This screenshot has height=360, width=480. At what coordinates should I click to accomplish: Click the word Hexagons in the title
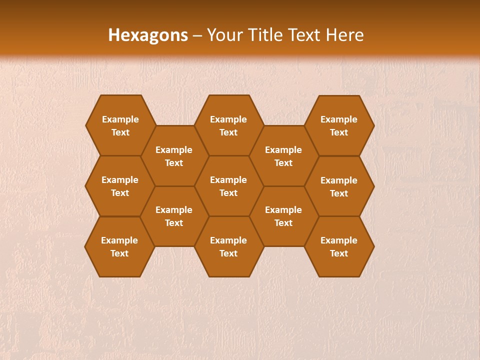(148, 35)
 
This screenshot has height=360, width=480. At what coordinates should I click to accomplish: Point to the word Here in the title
(344, 35)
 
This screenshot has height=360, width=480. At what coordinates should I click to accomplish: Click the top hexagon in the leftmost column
(120, 125)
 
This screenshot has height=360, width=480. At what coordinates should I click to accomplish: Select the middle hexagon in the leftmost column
(120, 186)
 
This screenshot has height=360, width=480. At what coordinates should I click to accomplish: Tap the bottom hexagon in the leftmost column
(119, 246)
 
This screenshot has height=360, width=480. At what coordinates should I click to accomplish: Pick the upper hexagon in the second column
(174, 156)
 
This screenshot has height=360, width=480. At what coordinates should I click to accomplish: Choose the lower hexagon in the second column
(174, 216)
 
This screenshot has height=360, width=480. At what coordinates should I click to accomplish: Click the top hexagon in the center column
(228, 125)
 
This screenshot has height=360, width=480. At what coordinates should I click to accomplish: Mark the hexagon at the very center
(228, 186)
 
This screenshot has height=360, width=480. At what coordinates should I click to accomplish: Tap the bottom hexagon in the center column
(228, 246)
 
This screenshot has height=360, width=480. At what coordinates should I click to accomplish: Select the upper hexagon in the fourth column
(283, 156)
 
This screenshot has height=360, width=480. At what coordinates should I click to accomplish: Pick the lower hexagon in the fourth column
(283, 216)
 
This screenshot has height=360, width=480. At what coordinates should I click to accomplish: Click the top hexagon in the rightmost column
(339, 125)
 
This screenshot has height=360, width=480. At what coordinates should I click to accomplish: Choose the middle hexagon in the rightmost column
(339, 186)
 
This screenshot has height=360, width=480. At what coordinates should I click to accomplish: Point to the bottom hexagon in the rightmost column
(339, 246)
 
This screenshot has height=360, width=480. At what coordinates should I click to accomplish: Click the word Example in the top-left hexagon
(120, 119)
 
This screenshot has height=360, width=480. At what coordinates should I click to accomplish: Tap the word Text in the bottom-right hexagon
(339, 253)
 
